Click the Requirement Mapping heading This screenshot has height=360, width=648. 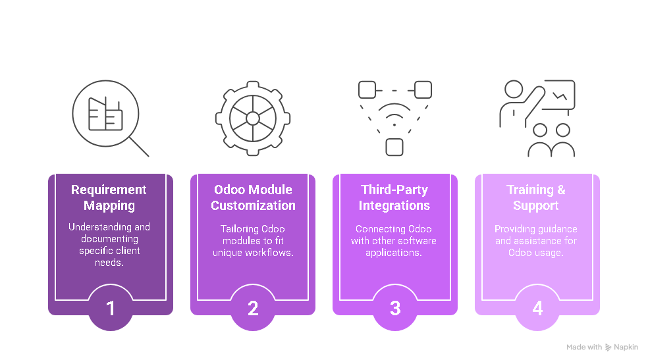pos(110,197)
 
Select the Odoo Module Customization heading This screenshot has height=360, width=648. pos(253,197)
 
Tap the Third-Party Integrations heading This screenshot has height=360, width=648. pos(394,197)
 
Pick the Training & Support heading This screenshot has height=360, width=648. pos(536,197)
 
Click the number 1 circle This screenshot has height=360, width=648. pos(111,308)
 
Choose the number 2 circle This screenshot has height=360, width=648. pos(253,308)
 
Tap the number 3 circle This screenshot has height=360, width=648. pos(395,308)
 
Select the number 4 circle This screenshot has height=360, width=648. pos(537,308)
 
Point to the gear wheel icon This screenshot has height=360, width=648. pos(253,118)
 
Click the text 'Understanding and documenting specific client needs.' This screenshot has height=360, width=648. pos(110,244)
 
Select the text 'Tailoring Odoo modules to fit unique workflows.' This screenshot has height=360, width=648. pos(253,241)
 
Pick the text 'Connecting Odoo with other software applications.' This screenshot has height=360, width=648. pos(394,241)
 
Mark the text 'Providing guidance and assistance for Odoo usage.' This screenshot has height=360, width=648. pos(536,241)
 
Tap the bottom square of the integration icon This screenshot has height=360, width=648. pos(394,147)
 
